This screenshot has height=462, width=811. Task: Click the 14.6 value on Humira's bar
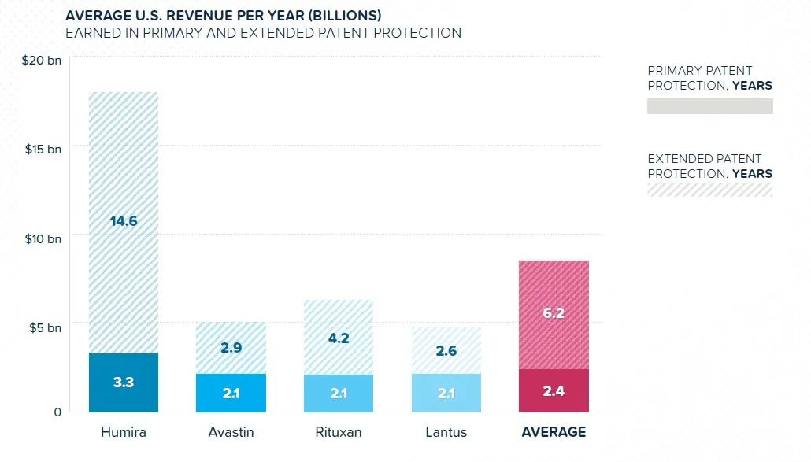124,221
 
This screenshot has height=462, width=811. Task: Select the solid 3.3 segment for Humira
124,383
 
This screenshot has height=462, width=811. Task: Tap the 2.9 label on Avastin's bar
231,347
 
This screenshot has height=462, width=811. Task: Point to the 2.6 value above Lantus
446,351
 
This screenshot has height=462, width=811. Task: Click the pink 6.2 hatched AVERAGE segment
554,313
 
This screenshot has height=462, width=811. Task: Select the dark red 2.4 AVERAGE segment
554,390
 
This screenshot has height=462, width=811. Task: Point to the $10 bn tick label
42,238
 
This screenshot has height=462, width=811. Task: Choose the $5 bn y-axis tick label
44,327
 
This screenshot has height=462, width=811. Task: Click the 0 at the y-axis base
57,412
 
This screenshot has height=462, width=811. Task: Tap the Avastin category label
231,432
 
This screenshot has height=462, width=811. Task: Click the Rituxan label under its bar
339,432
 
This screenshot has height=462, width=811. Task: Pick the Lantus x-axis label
446,432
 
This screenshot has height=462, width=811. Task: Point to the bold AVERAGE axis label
554,432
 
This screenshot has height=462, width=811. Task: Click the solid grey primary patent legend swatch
709,106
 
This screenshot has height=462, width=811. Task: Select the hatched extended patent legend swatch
709,189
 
